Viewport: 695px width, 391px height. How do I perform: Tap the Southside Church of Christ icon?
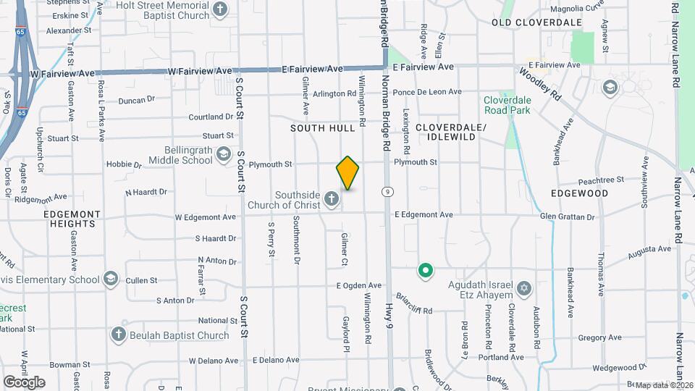(332, 198)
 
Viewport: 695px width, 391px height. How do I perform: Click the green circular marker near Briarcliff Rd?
(426, 272)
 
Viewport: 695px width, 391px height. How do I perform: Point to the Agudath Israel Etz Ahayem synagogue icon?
(525, 290)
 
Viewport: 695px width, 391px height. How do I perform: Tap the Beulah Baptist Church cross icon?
(119, 334)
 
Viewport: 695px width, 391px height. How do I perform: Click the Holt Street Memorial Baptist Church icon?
(221, 9)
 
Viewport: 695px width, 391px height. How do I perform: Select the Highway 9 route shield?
(389, 192)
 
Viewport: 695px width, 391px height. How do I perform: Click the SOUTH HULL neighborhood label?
(323, 128)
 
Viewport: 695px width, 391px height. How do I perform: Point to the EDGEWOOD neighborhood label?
(579, 194)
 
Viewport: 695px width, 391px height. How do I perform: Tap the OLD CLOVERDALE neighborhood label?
(536, 23)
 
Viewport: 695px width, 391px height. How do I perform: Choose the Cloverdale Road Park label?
(507, 105)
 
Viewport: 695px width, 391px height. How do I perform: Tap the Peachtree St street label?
(601, 180)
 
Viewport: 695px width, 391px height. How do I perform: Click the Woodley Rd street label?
(540, 83)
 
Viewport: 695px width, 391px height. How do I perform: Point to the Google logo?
(24, 382)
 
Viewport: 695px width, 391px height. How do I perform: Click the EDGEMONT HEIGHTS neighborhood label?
(69, 219)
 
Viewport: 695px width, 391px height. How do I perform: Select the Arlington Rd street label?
(335, 94)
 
